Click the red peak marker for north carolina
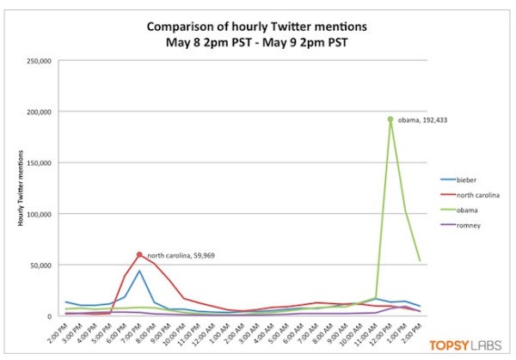tap(139, 254)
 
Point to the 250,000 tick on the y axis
tap(43, 61)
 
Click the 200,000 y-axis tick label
tap(43, 112)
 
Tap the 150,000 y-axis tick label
tap(43, 162)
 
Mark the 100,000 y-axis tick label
tap(43, 213)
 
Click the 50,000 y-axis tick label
tap(46, 265)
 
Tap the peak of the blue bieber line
tap(139, 272)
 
